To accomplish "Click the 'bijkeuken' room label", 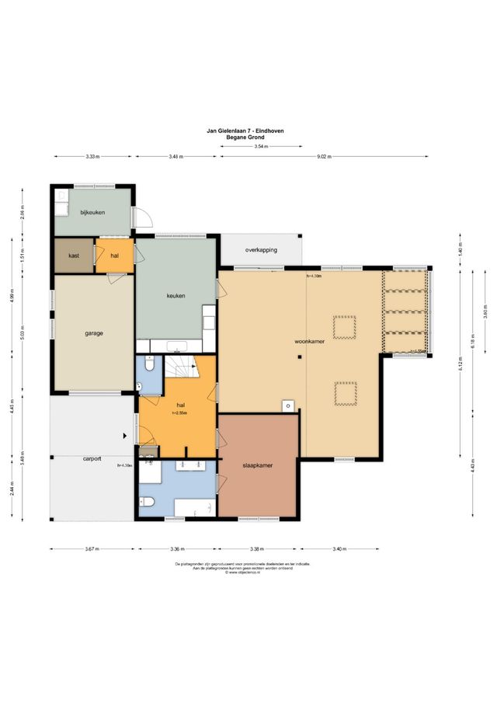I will [93, 211].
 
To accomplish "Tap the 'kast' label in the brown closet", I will [74, 256].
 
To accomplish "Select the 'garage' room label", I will [94, 333].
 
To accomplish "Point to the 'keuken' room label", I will [176, 295].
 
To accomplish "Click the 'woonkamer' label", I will [308, 341].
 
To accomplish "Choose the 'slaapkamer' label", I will [257, 466].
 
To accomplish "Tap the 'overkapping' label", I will [261, 250].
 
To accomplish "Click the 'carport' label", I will [92, 459].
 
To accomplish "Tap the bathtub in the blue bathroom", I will [194, 509].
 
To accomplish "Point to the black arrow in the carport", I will [125, 437].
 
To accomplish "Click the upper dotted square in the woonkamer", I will [344, 327].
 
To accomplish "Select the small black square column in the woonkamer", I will [300, 357].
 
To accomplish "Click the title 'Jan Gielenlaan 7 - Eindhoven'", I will [245, 131].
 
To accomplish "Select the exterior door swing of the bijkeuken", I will [142, 218].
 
